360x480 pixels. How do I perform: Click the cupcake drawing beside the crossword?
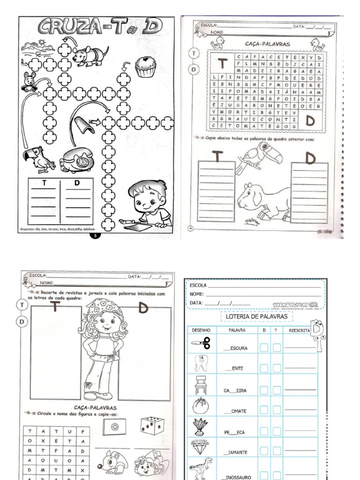pos(145,66)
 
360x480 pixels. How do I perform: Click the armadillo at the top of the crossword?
pos(90,55)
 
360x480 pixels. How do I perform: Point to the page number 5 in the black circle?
pos(95,236)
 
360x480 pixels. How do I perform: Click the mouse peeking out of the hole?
pos(30,82)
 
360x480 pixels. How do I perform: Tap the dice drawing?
pos(151,425)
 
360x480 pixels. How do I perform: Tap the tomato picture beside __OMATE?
pos(201,405)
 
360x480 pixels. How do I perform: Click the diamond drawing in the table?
pos(201,447)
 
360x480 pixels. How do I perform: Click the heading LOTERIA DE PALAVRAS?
pos(256,317)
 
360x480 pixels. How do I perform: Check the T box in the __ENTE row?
pos(277,368)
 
